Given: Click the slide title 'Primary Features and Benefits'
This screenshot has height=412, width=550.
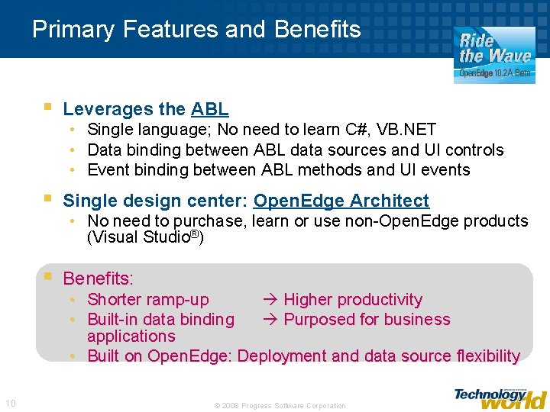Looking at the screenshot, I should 196,30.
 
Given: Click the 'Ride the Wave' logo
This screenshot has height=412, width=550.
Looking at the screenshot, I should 494,53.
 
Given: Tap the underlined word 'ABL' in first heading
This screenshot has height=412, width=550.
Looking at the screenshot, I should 210,110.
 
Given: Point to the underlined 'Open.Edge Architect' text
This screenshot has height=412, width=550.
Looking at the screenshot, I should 341,201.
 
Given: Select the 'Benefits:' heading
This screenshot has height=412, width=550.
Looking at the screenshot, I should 98,278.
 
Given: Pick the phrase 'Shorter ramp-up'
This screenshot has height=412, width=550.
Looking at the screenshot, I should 147,300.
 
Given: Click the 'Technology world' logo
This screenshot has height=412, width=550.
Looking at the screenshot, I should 500,398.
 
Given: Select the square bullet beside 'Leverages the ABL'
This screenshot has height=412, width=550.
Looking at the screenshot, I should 48,108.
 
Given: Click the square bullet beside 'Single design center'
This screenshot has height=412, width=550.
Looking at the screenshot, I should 48,199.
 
